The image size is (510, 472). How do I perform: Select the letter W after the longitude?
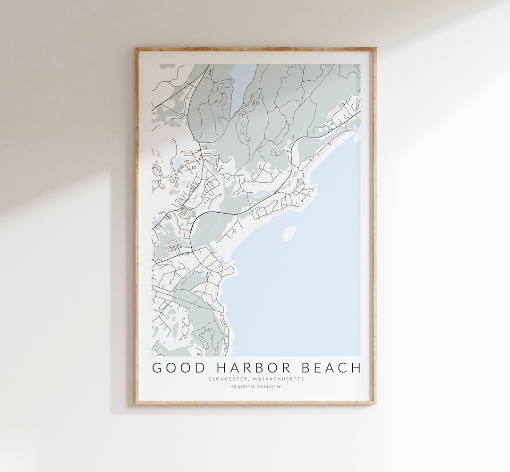pyautogui.click(x=279, y=386)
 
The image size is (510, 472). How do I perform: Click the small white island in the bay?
pyautogui.click(x=289, y=232)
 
